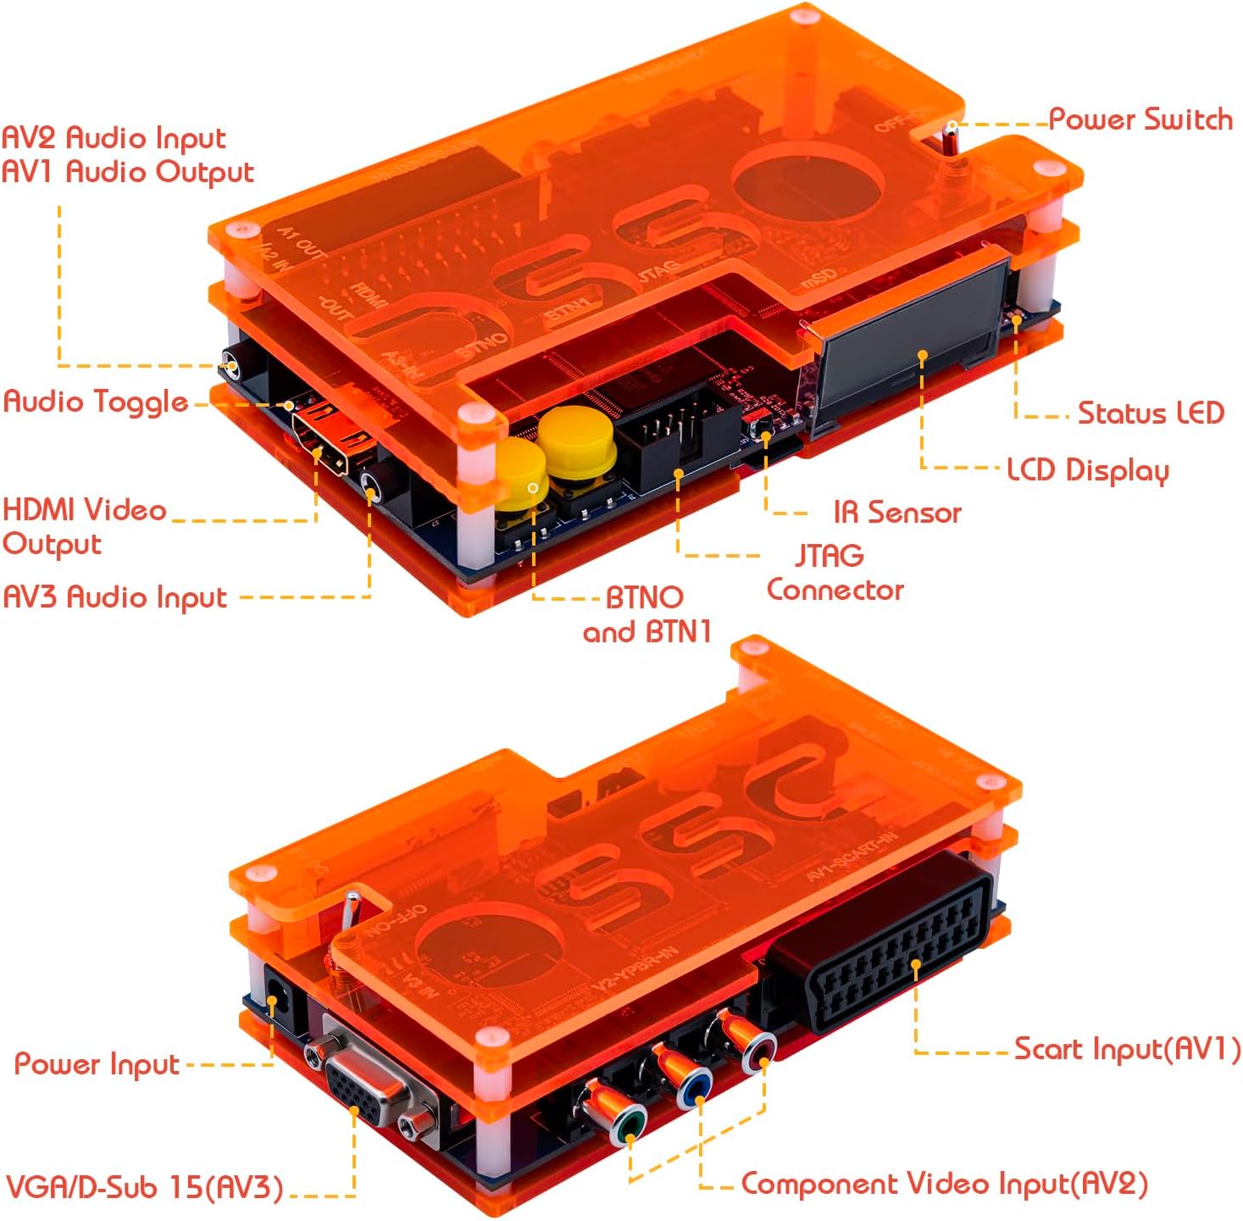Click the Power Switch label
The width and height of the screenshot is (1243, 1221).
point(1140,119)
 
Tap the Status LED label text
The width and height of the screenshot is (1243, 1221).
point(1150,413)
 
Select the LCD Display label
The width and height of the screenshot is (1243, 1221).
point(1087,470)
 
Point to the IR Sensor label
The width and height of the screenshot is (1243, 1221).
point(896,513)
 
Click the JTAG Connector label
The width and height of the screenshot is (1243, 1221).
point(834,573)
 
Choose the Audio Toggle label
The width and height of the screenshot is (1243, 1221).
point(96,402)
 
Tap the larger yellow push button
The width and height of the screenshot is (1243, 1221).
point(576,441)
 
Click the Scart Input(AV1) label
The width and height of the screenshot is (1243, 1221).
point(1127,1049)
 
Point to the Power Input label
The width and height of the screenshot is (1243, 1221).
point(97,1064)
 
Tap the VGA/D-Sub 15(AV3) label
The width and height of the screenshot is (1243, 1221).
point(144,1186)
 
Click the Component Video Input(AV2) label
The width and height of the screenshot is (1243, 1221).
point(944,1184)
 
